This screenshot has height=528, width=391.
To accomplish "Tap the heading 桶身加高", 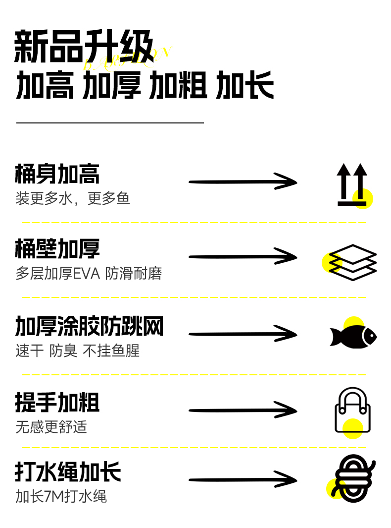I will point(57,174).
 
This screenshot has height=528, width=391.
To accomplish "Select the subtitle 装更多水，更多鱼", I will point(73,199).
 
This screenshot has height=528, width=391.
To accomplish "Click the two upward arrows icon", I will point(352,184).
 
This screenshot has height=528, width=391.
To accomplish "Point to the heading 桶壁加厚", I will point(57,249).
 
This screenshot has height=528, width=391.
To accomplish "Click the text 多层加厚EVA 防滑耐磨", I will point(89,274).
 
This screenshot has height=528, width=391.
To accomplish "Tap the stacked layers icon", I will point(353,262).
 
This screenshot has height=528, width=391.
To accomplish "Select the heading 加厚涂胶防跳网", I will point(89,327).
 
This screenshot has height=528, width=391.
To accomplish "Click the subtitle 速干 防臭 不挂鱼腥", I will point(78,351).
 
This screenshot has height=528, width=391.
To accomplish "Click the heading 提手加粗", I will point(57,403).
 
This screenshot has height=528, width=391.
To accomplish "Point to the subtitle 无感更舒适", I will point(51,427).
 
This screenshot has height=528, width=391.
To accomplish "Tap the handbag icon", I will point(352,410).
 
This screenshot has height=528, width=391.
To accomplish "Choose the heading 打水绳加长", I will point(68,472).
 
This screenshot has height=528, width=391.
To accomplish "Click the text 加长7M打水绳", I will point(61,496).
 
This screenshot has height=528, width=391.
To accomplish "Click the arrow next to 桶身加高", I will point(243,182).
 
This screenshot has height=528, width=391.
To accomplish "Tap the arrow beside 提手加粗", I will point(243,411).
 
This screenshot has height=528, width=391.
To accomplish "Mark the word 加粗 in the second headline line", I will point(178,85).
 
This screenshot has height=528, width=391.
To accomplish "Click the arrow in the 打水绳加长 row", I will point(243,480).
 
